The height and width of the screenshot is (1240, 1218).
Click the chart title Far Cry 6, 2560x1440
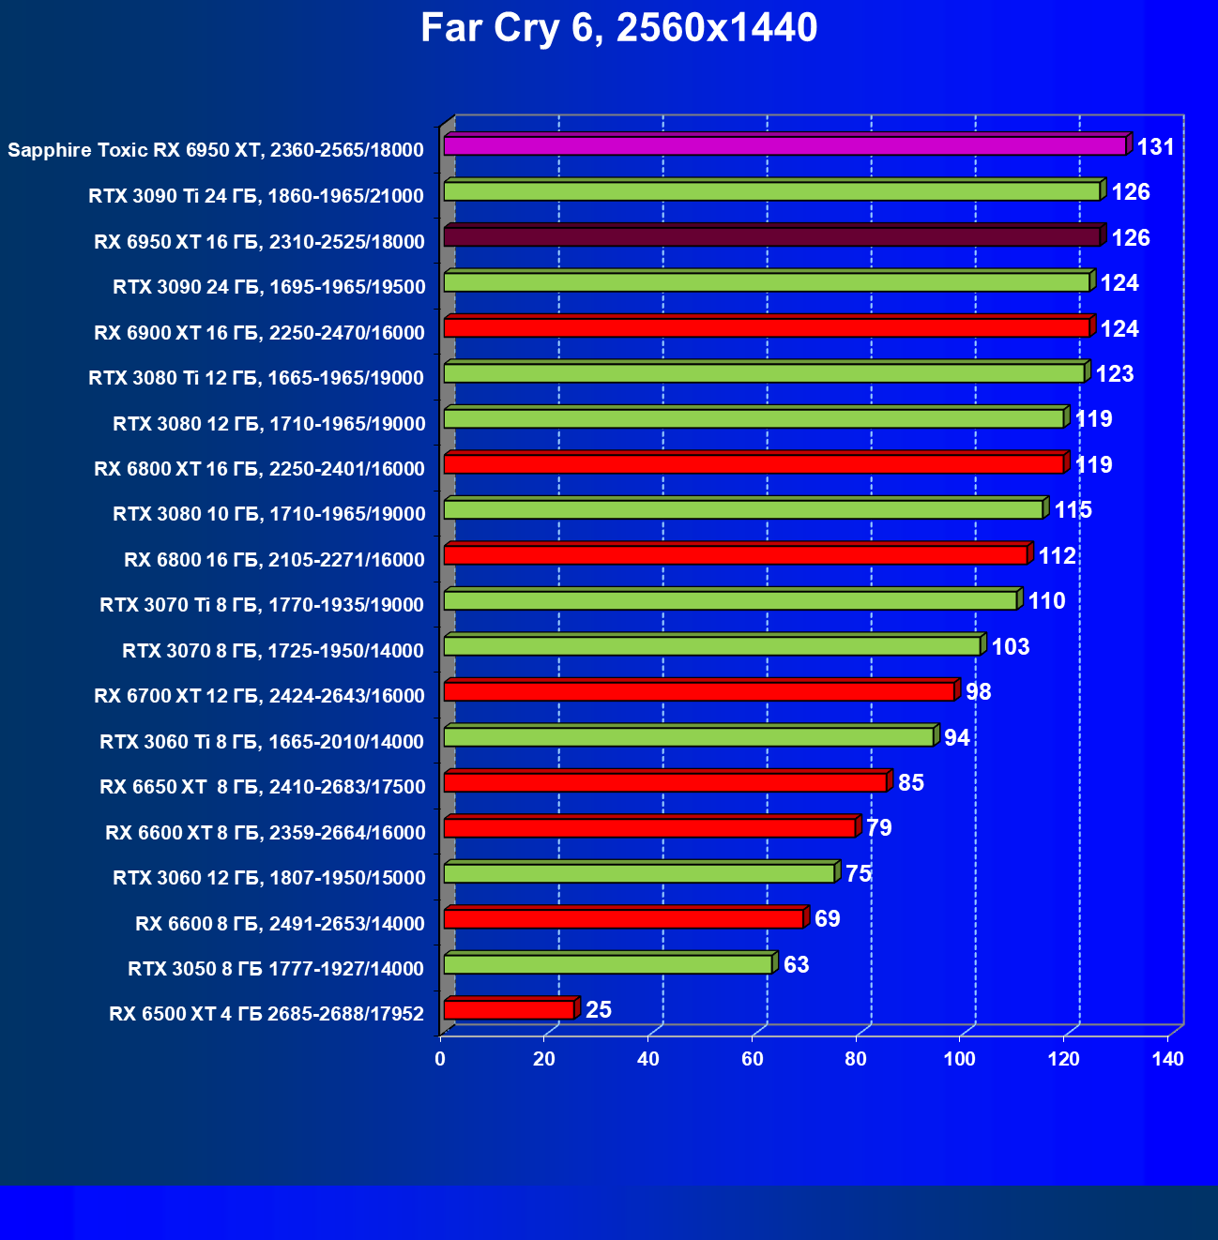pos(618,28)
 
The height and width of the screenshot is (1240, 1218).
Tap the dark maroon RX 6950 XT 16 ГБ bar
pos(771,236)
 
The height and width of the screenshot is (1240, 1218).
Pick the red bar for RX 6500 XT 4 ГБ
pos(509,1009)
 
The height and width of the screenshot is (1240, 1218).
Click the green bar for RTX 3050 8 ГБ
pos(607,963)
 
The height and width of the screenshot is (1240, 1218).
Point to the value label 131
pos(1155,147)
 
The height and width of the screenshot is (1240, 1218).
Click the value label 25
pos(599,1010)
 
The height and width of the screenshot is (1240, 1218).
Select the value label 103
pos(1011,647)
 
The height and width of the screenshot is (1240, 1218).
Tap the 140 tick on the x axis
pos(1168,1060)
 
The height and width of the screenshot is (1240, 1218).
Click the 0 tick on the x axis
pos(440,1060)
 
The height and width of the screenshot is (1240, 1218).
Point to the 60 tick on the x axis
pos(753,1060)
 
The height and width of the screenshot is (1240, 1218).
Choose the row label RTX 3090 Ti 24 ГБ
pos(256,196)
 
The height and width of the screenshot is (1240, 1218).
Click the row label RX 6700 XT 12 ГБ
pos(259,696)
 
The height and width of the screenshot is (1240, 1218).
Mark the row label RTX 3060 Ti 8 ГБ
pos(262,742)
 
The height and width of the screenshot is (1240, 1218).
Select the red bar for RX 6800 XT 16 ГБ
pos(754,463)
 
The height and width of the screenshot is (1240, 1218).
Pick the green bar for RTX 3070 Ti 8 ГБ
pos(730,600)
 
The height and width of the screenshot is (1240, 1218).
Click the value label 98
pos(979,692)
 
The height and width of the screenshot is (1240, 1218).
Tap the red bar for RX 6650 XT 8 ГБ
pos(664,782)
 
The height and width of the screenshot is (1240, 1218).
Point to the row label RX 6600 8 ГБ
pos(280,924)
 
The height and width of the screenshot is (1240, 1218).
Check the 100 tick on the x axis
pos(960,1060)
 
